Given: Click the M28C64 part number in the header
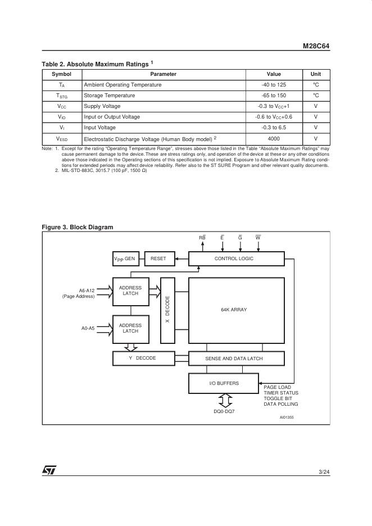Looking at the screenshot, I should [316, 47].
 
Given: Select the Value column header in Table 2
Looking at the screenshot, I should [274, 74].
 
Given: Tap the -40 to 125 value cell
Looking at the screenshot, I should [274, 85].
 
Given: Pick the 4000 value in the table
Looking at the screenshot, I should [274, 138].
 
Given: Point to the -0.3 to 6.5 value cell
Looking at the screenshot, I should [274, 128].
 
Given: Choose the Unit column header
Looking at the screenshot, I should [315, 74].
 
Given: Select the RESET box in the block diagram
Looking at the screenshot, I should [158, 259].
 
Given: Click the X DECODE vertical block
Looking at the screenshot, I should [167, 310].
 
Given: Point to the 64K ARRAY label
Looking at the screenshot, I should [234, 310].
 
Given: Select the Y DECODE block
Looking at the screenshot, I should [142, 358].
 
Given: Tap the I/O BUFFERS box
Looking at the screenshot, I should [224, 383].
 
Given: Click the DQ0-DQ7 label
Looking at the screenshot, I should [225, 411].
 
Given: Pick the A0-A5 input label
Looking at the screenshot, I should [88, 328].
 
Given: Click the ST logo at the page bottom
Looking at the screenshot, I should [49, 470].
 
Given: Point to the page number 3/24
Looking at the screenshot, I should [324, 471].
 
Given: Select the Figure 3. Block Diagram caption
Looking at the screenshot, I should [78, 227].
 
